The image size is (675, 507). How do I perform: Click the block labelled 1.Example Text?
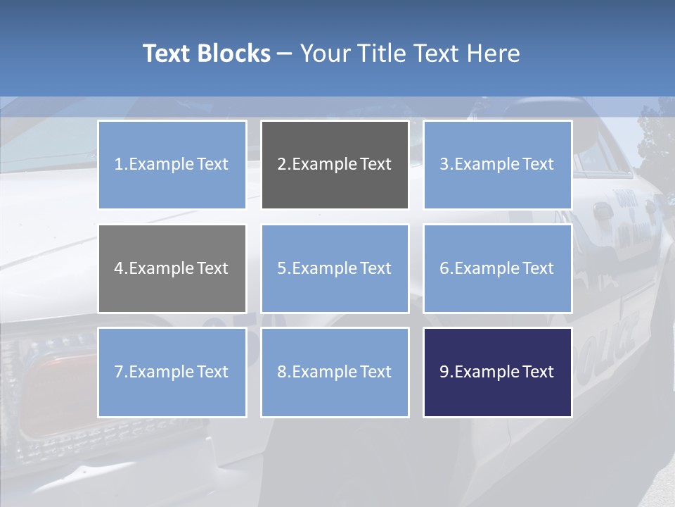[172, 165]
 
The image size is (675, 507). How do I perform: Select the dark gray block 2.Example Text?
[335, 165]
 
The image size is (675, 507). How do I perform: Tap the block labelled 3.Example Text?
[497, 165]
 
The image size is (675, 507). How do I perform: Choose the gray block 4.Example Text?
[172, 268]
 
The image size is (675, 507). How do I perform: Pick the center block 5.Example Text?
[335, 268]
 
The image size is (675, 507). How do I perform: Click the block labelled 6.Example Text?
[497, 268]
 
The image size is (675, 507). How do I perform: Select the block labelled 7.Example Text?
[172, 372]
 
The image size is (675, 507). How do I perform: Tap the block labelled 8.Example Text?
[335, 372]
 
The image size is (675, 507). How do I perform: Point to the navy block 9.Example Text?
[497, 372]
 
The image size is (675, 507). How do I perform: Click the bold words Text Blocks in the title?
[206, 54]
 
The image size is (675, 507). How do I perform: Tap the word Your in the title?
[326, 54]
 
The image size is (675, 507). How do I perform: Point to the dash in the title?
[285, 54]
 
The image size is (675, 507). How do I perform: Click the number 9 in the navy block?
[444, 372]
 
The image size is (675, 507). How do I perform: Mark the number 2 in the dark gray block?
[281, 165]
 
